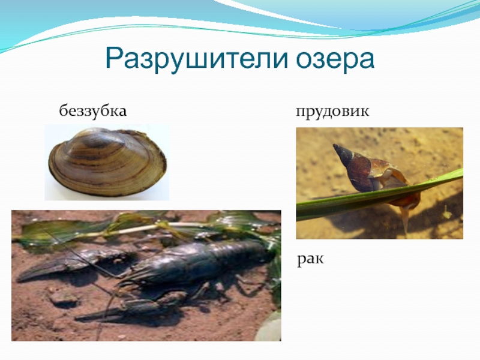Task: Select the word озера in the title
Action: pyautogui.click(x=334, y=58)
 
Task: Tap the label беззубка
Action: pyautogui.click(x=92, y=111)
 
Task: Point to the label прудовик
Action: pyautogui.click(x=331, y=112)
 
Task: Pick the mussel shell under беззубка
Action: pyautogui.click(x=106, y=163)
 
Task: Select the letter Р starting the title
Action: pyautogui.click(x=115, y=58)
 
